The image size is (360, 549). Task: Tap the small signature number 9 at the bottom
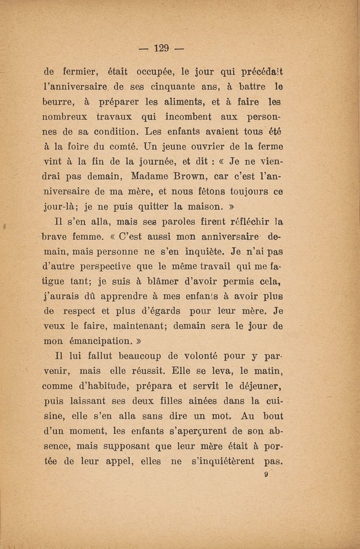(266, 474)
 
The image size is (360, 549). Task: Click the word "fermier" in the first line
(80, 71)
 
